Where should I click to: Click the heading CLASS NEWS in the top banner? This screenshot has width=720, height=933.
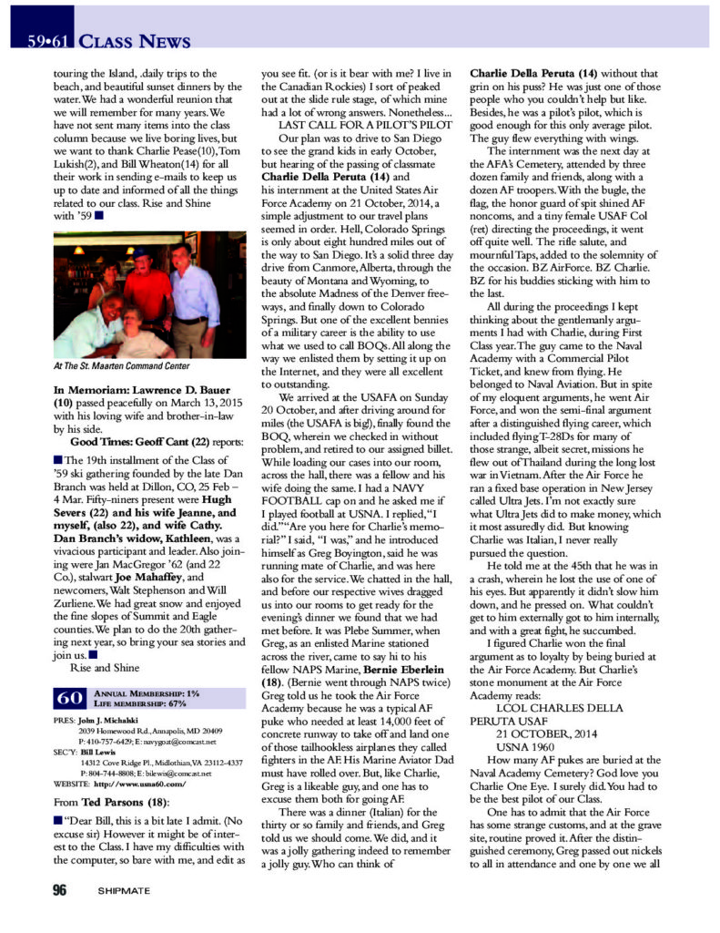point(134,40)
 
